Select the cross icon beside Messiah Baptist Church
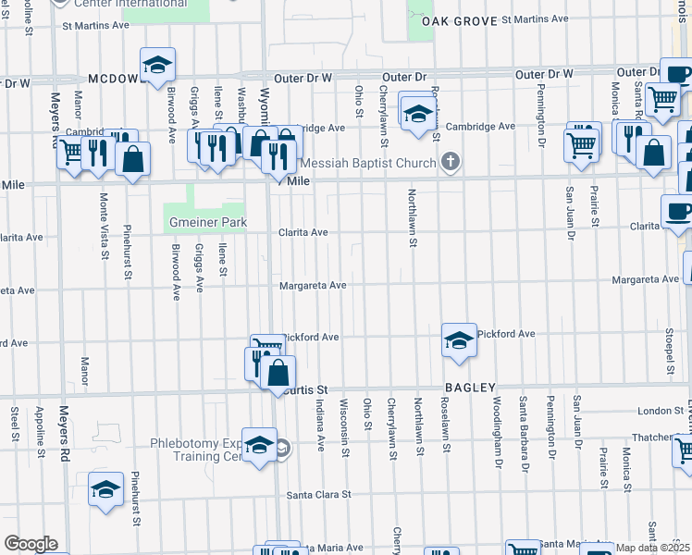point(451,164)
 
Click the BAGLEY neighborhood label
point(471,388)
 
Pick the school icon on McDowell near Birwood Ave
point(157,64)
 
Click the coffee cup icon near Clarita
point(678,212)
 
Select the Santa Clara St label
point(319,495)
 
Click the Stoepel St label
point(668,342)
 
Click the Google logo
point(31,544)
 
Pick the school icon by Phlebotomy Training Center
point(260,444)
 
